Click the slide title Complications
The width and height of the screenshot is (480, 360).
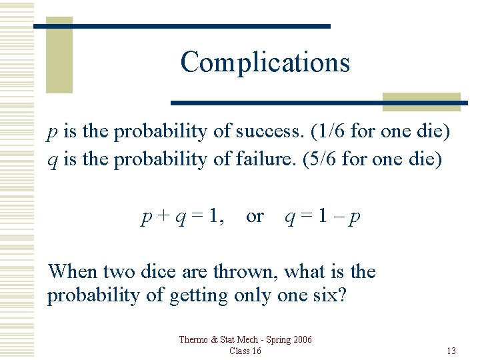point(265,62)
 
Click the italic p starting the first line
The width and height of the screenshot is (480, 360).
point(51,133)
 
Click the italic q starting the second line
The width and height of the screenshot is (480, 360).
point(51,161)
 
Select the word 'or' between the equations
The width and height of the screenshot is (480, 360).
point(255,217)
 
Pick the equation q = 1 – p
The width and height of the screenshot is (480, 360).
point(323,217)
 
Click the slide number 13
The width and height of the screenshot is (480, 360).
point(451,351)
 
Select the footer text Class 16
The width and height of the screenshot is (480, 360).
point(245,351)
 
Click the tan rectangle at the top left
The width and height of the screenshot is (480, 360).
point(59,55)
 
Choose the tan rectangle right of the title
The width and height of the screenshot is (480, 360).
point(421,101)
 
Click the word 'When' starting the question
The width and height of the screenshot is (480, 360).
point(72,272)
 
